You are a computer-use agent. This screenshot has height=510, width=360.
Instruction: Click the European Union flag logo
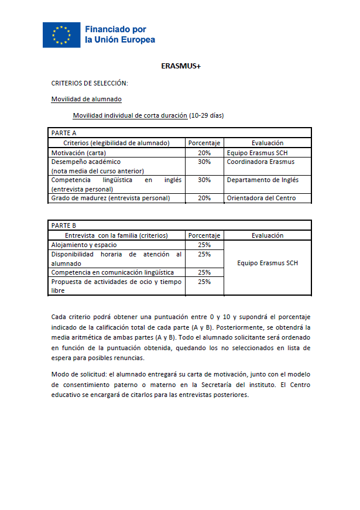61,35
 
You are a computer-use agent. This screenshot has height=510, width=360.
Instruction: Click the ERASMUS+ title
180,66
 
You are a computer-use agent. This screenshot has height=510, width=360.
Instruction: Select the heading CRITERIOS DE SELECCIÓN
90,83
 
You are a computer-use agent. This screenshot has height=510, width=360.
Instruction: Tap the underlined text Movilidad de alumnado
87,100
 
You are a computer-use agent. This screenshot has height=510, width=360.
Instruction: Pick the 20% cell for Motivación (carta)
204,152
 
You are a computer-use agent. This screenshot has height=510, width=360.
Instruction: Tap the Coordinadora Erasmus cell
260,162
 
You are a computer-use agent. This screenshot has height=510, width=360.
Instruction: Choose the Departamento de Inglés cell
262,180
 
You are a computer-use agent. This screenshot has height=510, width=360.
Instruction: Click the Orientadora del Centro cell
261,198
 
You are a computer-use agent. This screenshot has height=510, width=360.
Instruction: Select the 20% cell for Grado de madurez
204,198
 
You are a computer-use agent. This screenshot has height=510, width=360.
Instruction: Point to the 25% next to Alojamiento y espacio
204,245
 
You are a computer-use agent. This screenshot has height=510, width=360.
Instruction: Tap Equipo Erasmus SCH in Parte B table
268,263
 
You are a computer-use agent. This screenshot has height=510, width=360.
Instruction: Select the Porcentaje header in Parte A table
204,143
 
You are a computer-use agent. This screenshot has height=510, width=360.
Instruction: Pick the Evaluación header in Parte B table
268,235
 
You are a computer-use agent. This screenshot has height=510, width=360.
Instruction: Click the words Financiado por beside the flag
116,29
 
